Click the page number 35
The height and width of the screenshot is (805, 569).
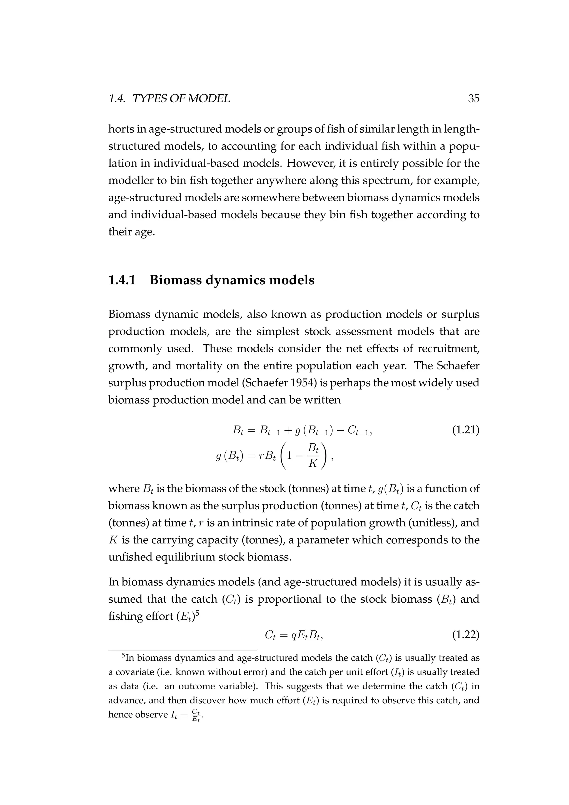coord(473,99)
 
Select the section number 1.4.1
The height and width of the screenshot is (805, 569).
coord(122,280)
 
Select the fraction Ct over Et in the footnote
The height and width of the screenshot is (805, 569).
coord(196,715)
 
